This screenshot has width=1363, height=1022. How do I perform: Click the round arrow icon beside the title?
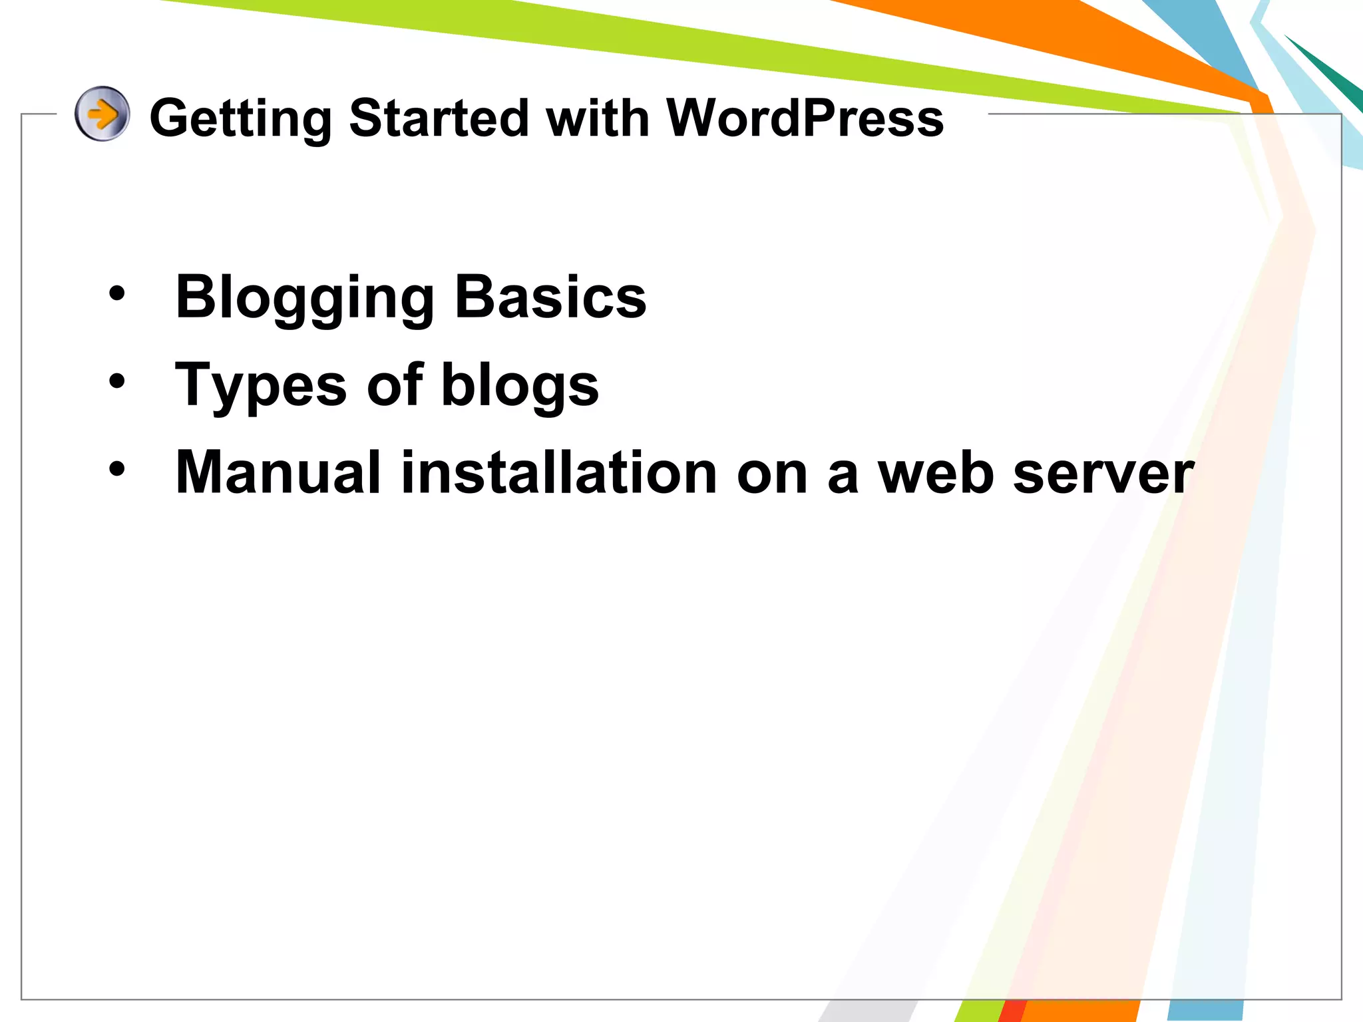click(x=102, y=114)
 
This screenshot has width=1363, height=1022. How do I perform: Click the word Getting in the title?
click(x=240, y=118)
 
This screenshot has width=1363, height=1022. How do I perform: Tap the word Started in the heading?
click(x=439, y=118)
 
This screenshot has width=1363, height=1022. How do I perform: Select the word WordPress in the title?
click(x=805, y=118)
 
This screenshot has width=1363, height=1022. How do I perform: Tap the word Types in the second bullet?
click(x=260, y=386)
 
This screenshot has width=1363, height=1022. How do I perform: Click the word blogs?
click(x=520, y=386)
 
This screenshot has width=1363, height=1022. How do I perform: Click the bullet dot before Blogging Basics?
click(x=117, y=293)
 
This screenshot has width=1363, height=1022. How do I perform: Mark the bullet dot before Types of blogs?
click(x=117, y=381)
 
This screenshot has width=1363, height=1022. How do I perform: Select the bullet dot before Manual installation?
click(x=117, y=469)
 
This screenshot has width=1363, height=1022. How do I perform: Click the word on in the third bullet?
click(x=772, y=473)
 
